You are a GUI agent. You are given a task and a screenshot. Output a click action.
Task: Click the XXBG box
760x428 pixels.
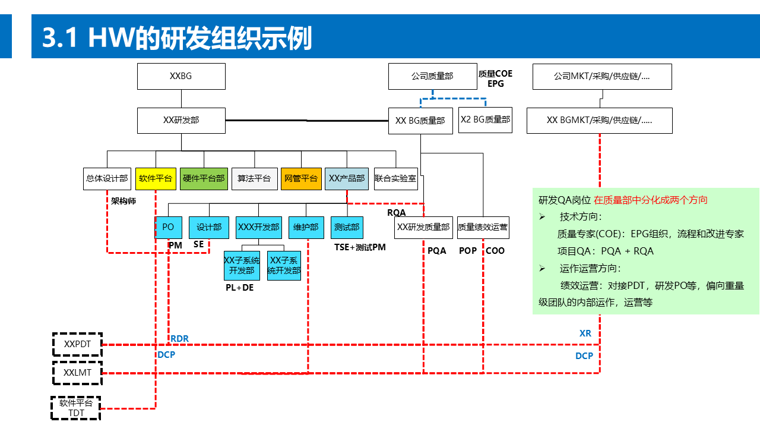point(181,76)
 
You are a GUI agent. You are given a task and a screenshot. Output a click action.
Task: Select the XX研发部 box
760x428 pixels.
point(181,120)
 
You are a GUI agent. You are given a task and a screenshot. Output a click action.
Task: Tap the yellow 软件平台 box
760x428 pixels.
point(156,178)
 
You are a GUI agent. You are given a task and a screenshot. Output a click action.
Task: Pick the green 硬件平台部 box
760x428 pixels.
point(204,178)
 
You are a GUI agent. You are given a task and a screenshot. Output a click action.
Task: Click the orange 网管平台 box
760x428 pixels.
point(301,178)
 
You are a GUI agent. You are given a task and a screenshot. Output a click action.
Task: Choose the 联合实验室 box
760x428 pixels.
point(395,178)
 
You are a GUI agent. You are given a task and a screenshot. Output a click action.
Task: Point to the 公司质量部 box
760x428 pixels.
point(432,77)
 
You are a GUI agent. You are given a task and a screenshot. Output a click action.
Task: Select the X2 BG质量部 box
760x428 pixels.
point(485,119)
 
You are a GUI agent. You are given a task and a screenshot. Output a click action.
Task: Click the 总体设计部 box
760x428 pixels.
point(107,178)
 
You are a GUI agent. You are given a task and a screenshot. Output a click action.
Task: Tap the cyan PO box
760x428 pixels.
point(168,227)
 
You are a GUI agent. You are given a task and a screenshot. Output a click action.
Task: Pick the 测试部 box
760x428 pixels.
point(347,227)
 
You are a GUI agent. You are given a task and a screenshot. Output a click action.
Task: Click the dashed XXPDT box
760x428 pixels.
point(77,344)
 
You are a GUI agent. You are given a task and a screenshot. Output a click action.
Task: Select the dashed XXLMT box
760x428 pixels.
point(77,373)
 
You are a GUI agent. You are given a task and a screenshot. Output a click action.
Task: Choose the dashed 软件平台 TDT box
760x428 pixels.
point(76,408)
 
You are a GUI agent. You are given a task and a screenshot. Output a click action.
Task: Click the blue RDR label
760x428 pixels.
point(180,339)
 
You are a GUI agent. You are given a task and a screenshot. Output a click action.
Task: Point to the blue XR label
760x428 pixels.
point(585,333)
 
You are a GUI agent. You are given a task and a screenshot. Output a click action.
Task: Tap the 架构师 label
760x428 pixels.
point(123,201)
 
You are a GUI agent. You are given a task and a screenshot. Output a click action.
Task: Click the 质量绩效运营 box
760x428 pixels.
point(483,227)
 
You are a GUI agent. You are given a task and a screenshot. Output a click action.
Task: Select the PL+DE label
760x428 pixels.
point(239,288)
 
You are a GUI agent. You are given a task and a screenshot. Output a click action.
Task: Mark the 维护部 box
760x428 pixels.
point(306,227)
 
